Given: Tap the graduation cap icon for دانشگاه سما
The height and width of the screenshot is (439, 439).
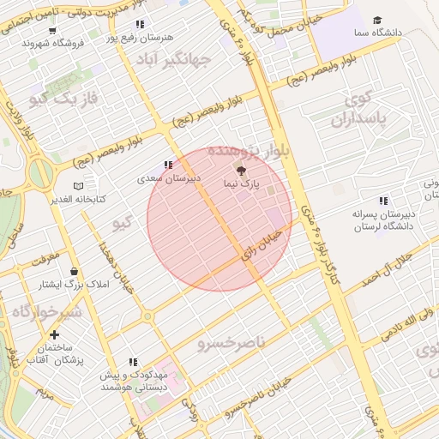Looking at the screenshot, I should (x=377, y=21).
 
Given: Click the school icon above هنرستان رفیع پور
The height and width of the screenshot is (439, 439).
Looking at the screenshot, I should (x=140, y=24).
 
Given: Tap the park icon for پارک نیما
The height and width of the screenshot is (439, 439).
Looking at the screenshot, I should (x=239, y=171).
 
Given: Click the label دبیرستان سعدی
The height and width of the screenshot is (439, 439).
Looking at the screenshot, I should (x=169, y=179).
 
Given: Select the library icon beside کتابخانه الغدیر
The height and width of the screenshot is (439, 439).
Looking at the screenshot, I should (x=79, y=185).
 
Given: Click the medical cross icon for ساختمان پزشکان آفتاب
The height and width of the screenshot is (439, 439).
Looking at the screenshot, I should (x=55, y=334).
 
